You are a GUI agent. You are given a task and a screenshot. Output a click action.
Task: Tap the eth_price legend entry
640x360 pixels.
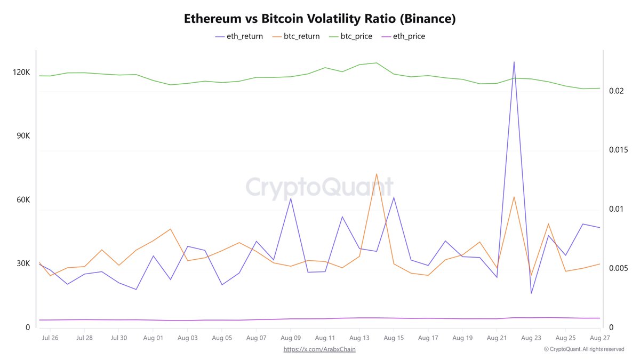tap(409, 36)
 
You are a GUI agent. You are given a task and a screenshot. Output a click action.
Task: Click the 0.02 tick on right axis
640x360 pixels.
tap(617, 91)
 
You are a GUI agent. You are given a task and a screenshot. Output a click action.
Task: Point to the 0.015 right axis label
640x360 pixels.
tap(619, 150)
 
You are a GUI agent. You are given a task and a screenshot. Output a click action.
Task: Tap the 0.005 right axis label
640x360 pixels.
tap(619, 268)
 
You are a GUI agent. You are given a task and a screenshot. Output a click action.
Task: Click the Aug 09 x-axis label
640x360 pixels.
tap(290, 338)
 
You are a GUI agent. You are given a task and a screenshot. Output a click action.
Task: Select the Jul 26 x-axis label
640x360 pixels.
tap(50, 338)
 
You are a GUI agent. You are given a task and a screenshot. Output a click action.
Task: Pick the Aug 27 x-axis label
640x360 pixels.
tap(600, 338)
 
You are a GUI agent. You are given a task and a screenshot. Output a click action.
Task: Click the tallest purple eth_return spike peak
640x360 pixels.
tap(514, 62)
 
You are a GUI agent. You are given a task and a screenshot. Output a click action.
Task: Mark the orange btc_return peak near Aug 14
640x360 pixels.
tap(377, 174)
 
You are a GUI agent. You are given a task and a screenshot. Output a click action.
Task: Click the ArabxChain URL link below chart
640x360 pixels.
tap(319, 349)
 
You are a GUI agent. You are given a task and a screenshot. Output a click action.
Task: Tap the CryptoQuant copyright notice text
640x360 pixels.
tap(584, 349)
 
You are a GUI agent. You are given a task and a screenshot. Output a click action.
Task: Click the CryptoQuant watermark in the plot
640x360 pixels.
tap(319, 188)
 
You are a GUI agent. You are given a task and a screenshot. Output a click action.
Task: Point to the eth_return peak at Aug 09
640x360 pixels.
tap(291, 198)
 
